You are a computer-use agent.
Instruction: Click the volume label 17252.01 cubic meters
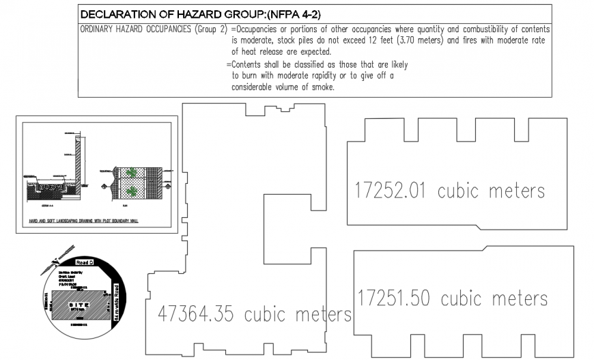[450, 191]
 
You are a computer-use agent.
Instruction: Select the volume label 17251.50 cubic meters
[453, 299]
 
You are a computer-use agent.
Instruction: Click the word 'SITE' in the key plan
[80, 305]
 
